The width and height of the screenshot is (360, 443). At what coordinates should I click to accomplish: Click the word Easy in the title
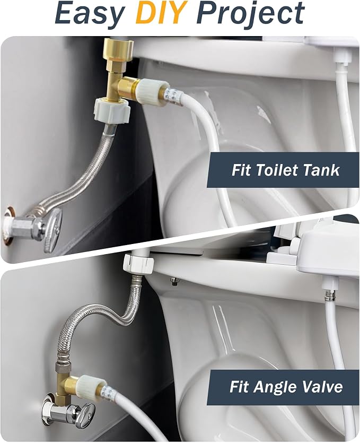(x=90, y=13)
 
